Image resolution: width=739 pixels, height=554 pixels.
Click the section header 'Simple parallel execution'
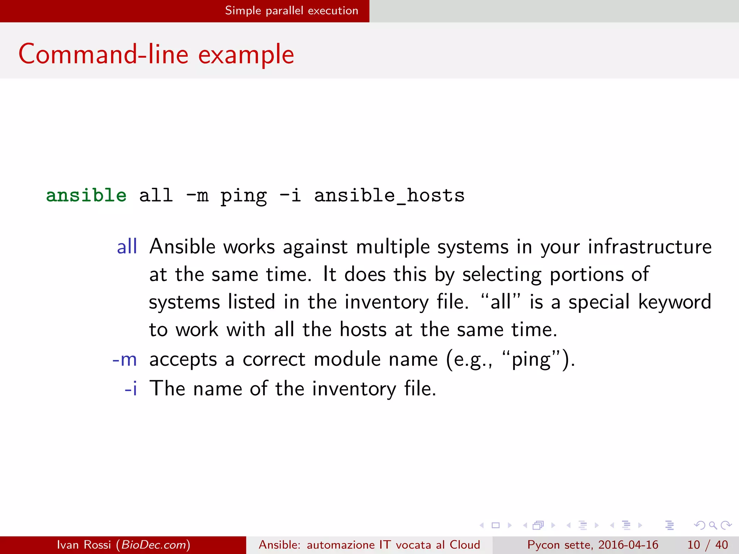(x=292, y=11)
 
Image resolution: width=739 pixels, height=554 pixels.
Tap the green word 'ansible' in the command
(x=86, y=195)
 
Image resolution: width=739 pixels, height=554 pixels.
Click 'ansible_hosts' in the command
(x=389, y=196)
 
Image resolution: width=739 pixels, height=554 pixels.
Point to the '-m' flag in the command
(x=197, y=195)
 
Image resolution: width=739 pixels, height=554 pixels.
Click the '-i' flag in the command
(x=290, y=195)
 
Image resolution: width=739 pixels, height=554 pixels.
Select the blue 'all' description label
(x=127, y=247)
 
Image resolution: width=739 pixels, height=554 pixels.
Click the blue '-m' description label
(x=124, y=360)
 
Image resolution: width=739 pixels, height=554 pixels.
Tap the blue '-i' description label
(x=131, y=389)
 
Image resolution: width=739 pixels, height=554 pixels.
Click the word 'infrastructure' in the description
(x=650, y=247)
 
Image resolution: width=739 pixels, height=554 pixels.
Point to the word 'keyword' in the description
(x=674, y=302)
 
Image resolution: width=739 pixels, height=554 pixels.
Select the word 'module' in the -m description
(x=347, y=360)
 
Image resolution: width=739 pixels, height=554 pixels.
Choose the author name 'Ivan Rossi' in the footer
(x=84, y=545)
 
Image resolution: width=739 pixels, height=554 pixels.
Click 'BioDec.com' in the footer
(x=153, y=545)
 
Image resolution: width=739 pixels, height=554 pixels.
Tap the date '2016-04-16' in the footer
(x=628, y=545)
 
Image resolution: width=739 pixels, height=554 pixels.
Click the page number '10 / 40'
(x=707, y=545)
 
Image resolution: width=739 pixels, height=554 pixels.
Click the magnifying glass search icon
(x=713, y=525)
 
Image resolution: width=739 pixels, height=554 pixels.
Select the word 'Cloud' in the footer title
(x=464, y=545)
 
